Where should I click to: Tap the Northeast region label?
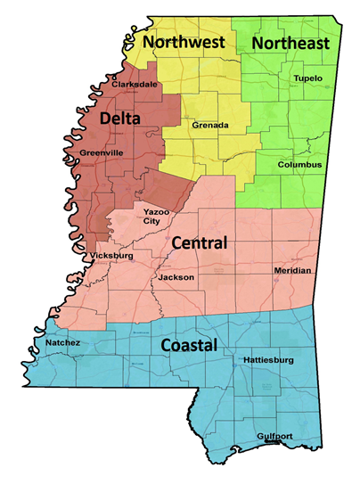[290, 43]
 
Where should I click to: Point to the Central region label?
[199, 242]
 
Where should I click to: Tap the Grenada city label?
[209, 126]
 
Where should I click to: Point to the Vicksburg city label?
[112, 256]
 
